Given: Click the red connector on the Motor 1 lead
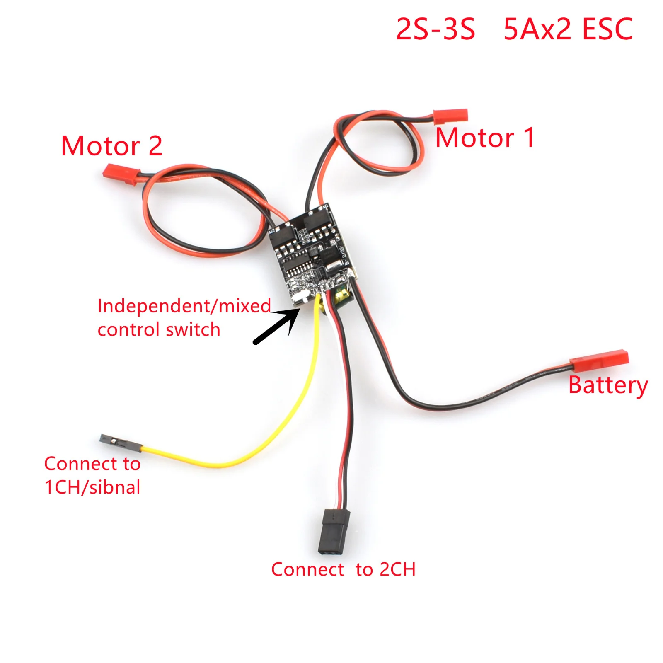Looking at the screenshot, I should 450,116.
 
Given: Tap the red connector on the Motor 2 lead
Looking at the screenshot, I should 121,174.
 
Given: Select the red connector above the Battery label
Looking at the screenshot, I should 599,360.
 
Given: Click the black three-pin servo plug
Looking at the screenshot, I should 334,531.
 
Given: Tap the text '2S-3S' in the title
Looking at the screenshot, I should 435,30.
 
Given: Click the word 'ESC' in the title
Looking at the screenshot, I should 607,30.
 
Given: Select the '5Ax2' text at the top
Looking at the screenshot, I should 537,30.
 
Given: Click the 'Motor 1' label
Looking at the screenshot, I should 485,138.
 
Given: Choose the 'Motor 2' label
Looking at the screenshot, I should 111,146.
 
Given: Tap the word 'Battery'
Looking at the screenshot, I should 607,385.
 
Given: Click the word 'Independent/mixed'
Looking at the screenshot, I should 184,306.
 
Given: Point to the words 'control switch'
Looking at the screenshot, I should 159,330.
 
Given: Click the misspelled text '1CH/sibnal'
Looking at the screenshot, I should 92,487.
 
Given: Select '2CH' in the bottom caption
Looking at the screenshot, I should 397,569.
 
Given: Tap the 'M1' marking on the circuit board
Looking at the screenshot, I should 325,206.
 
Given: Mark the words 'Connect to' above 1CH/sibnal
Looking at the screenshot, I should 92,464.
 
